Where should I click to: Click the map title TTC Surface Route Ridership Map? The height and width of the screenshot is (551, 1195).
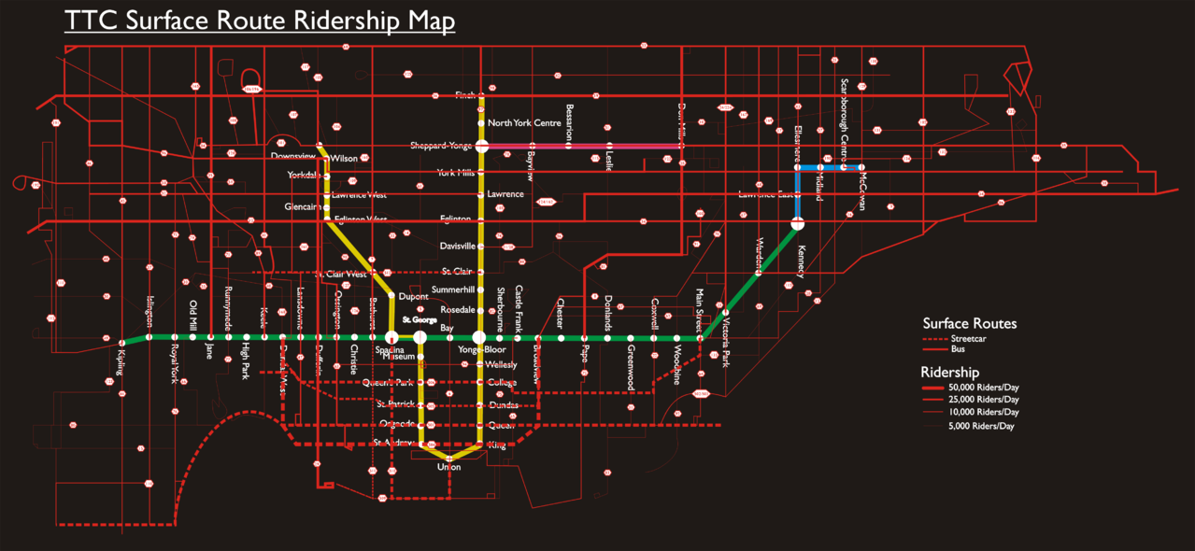click(260, 21)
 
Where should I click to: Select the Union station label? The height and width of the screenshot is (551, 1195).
click(448, 466)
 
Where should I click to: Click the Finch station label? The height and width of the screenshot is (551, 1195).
click(465, 95)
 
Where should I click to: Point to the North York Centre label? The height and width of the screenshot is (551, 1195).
click(524, 123)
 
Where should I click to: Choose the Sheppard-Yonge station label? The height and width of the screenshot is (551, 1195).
click(441, 146)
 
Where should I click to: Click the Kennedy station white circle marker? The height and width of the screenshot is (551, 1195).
click(797, 224)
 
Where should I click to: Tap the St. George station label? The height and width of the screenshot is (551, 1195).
click(420, 320)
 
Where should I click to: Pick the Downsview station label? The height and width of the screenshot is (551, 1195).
click(293, 156)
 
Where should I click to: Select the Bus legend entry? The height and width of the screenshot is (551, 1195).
click(959, 348)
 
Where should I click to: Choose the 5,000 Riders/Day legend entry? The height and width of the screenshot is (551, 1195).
click(981, 426)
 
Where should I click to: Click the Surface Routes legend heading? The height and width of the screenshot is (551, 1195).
click(969, 324)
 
